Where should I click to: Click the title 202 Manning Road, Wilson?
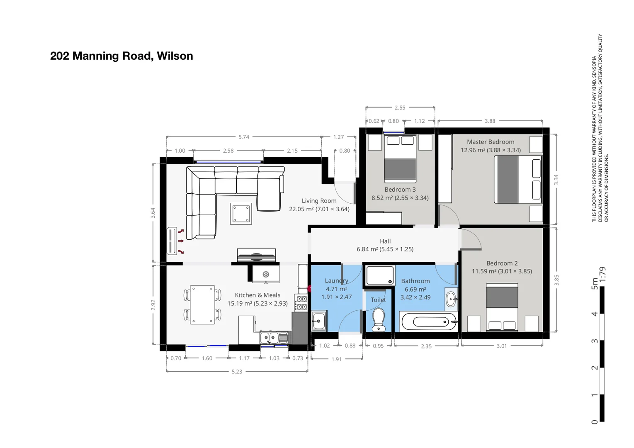pos(121,56)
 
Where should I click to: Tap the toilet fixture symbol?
pos(379,320)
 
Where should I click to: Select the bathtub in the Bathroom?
pos(428,322)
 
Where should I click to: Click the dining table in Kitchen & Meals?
pos(202,304)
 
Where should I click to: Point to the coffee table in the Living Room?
pos(241,214)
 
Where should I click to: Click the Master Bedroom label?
pos(491,142)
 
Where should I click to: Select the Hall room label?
pos(385,241)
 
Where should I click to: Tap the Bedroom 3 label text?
pos(400,190)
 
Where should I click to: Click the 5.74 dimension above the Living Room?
pos(244,137)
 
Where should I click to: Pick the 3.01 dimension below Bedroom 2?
pos(502,346)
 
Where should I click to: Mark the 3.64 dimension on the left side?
pos(153,213)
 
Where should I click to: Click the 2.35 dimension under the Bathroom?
pos(426,346)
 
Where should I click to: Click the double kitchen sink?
pos(269,338)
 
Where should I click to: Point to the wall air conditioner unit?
pos(172,241)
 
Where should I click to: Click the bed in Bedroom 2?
pos(502,307)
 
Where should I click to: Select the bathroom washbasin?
pos(451,299)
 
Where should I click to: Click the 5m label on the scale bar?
pos(595,284)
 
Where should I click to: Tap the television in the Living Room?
pos(256,255)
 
